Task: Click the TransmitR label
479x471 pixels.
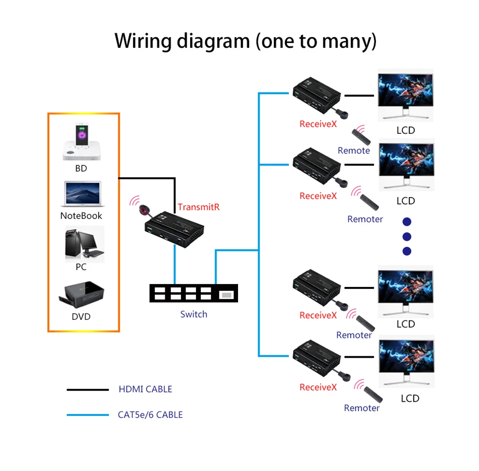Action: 198,207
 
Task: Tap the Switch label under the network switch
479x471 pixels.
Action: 194,314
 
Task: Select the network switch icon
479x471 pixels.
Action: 194,293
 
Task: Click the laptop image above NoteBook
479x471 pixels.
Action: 81,194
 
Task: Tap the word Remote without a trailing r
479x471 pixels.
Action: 354,151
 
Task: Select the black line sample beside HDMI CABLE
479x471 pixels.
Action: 88,390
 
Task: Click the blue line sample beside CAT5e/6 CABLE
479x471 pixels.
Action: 88,415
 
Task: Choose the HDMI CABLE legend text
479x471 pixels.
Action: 145,389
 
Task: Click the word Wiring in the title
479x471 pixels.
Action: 143,42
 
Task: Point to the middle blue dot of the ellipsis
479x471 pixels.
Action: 407,236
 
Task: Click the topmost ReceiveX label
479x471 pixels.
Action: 318,124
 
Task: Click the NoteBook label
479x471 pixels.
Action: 81,216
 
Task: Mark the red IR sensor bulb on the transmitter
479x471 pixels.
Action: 144,209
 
